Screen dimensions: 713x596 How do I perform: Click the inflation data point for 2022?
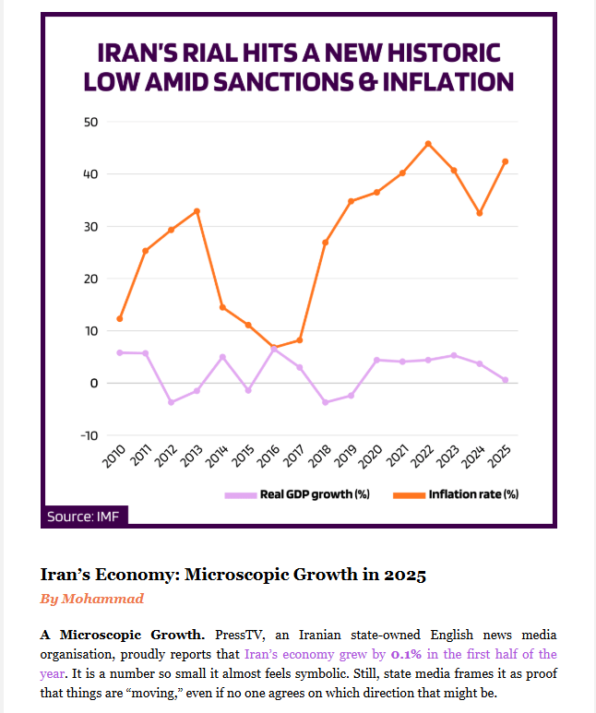(428, 144)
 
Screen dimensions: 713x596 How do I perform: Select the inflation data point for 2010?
(120, 319)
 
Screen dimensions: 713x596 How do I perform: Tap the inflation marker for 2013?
(197, 211)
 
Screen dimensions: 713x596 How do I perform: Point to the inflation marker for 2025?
(506, 161)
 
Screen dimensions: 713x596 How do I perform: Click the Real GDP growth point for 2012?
(171, 402)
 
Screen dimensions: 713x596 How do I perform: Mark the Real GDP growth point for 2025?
(506, 380)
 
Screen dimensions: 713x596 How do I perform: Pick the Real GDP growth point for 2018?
(326, 402)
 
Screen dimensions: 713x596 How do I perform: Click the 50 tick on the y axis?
(90, 122)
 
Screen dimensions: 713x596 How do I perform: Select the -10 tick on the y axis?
(89, 435)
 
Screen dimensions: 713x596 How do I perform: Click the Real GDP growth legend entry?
(296, 494)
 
